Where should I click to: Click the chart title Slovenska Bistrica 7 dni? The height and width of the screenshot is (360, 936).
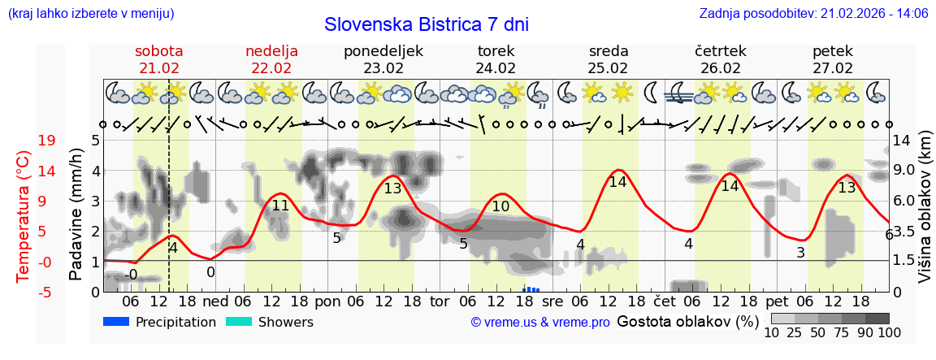(426, 24)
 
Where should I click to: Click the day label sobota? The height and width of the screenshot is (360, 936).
(159, 51)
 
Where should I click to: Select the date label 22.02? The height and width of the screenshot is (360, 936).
(271, 68)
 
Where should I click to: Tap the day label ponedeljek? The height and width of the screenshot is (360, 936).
(383, 51)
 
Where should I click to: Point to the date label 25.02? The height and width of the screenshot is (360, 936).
(608, 68)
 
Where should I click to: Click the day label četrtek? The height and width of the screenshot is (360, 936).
(720, 51)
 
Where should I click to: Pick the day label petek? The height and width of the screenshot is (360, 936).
(832, 51)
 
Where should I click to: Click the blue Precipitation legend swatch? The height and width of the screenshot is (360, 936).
(118, 322)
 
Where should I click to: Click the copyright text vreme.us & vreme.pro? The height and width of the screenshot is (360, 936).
(540, 323)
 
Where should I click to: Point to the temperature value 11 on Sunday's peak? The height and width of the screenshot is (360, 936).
(280, 206)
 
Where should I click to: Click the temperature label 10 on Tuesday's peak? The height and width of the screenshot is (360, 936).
(500, 206)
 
